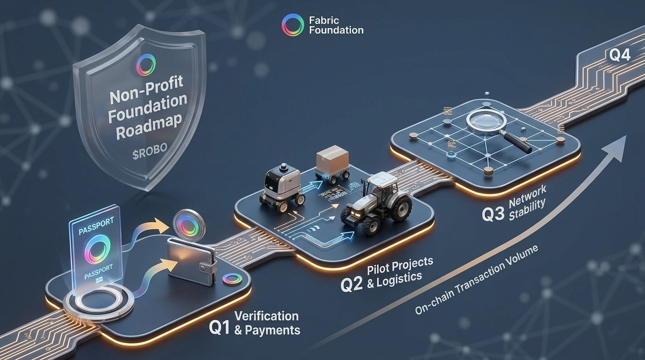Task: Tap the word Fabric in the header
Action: [324, 20]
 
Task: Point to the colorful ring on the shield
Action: [145, 65]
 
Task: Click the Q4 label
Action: [620, 55]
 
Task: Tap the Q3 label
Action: [493, 214]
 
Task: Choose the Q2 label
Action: [351, 285]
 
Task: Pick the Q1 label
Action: [219, 327]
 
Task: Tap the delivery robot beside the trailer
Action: [282, 185]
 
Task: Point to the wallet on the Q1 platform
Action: [191, 259]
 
